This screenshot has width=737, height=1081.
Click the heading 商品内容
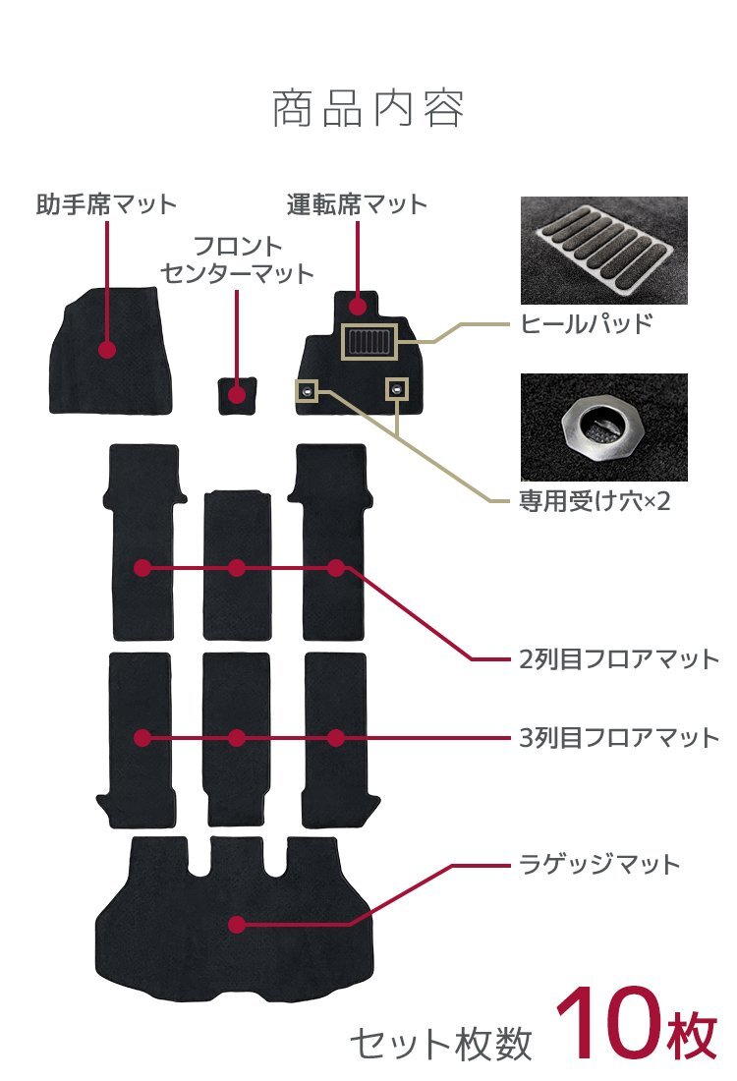click(368, 109)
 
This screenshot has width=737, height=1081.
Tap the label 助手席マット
click(106, 204)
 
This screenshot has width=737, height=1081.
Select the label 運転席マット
click(358, 204)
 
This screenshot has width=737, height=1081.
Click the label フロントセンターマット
click(237, 259)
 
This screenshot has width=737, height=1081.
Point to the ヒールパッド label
click(586, 323)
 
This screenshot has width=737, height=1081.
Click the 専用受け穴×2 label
click(594, 501)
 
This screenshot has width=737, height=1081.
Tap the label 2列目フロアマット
click(619, 658)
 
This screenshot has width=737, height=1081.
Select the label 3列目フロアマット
click(619, 737)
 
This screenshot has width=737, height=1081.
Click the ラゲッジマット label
click(598, 865)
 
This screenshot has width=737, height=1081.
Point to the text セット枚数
click(441, 1044)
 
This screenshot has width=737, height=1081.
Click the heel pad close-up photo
click(603, 251)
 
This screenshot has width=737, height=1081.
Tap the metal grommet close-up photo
click(603, 427)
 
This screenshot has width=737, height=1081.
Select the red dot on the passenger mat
click(107, 349)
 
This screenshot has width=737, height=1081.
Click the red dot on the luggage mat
click(236, 924)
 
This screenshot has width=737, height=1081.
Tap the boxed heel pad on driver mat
click(368, 343)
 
